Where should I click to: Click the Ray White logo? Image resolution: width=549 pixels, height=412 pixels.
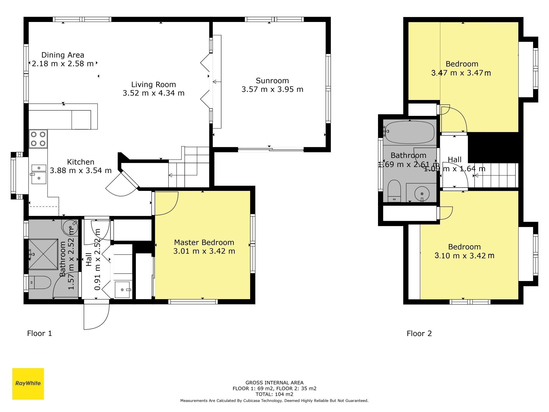28,384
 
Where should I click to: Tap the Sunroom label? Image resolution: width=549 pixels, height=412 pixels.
272,81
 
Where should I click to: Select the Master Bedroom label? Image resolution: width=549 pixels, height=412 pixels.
204,243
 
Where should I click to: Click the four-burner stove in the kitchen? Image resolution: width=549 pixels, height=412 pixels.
38,139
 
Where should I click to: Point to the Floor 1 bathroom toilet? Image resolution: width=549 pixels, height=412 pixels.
40,282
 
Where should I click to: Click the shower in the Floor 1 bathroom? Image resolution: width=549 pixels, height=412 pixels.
43,254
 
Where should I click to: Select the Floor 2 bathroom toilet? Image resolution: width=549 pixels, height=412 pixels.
394,191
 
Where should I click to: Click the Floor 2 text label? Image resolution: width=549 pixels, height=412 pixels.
419,333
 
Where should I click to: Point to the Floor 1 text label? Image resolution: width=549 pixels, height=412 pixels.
40,333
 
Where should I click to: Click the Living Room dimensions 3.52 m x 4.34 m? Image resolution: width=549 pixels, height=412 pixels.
153,93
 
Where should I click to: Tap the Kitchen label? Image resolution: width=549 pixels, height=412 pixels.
81,162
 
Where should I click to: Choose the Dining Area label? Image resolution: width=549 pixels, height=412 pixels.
63,55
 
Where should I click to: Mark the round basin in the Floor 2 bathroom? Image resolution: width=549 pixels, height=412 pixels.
421,193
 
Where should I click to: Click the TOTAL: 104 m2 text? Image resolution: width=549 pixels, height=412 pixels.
274,394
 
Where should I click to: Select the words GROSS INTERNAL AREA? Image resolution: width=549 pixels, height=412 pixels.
274,383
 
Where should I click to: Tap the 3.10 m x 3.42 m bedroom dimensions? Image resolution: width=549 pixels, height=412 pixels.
464,256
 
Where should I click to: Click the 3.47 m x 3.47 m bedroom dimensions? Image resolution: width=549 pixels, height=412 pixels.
461,73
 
